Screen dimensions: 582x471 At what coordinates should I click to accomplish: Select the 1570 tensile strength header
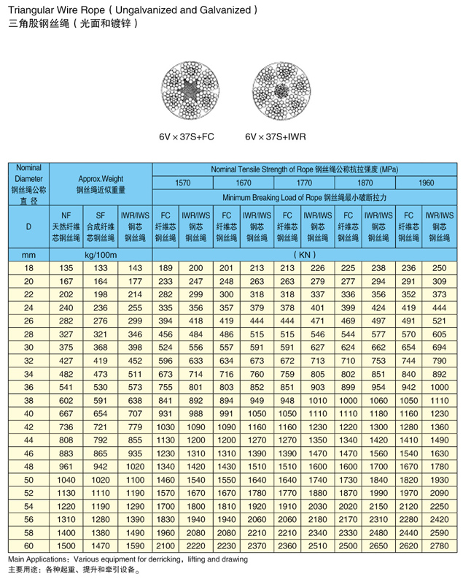click(182, 183)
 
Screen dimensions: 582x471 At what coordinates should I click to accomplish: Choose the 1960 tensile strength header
click(427, 183)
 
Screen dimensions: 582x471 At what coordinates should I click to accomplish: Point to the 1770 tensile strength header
click(305, 183)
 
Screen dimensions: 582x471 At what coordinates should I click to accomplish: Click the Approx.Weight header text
click(101, 177)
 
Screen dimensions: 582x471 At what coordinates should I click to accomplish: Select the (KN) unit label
click(305, 255)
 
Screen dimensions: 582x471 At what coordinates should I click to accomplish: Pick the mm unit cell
click(28, 255)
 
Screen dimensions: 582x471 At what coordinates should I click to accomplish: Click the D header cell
click(28, 226)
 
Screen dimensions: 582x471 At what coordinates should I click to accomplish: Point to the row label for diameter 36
click(28, 386)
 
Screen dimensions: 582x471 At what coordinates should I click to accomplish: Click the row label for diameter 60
click(28, 545)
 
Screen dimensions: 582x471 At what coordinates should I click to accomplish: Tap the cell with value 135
click(66, 268)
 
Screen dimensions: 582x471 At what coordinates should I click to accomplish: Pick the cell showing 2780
click(441, 545)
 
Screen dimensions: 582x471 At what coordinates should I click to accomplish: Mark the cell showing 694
click(441, 347)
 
